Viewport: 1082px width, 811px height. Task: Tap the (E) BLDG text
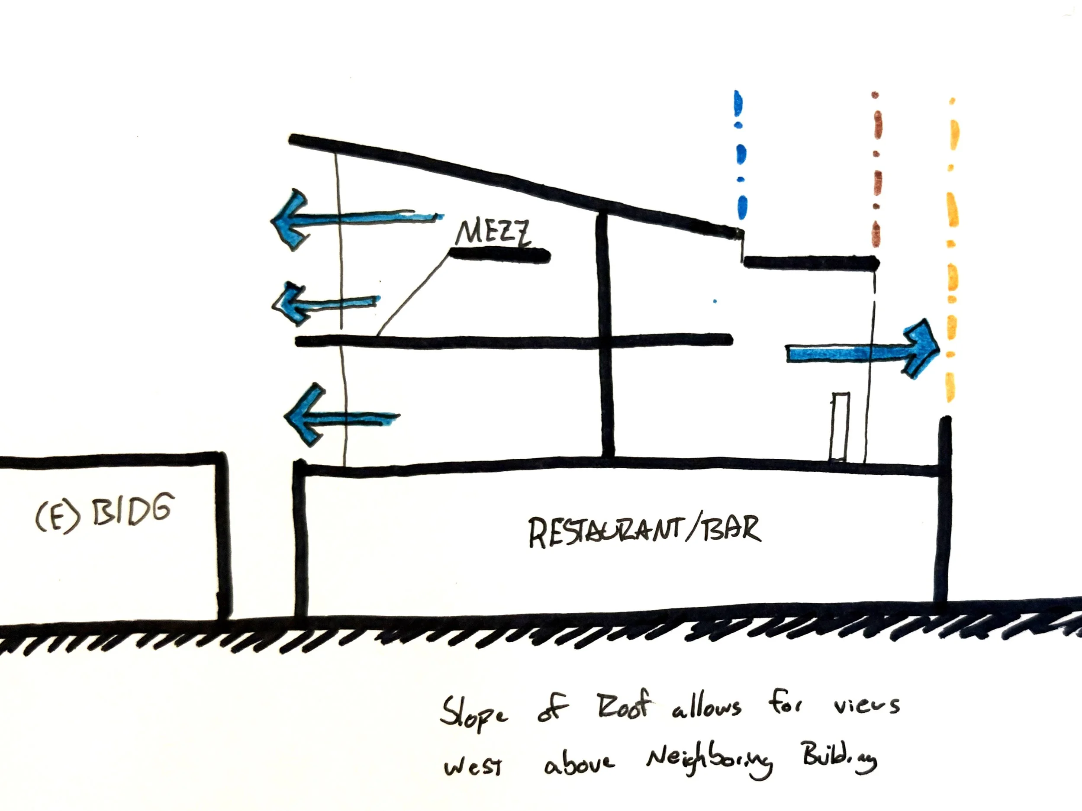click(105, 512)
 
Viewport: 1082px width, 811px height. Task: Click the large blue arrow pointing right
click(863, 349)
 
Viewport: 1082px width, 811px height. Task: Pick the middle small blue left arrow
click(326, 303)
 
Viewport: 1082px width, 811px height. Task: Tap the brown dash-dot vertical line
click(876, 169)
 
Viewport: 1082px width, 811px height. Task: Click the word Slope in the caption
click(473, 713)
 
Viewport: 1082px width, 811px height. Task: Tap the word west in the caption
click(473, 766)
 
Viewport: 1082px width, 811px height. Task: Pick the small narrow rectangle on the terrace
click(839, 427)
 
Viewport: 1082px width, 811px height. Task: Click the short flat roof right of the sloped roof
click(811, 263)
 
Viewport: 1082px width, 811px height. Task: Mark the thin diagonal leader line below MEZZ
click(414, 293)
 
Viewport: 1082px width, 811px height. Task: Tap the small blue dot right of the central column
click(715, 301)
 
